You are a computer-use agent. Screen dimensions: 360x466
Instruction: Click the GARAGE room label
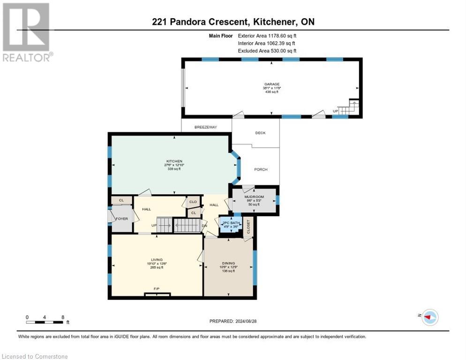tap(271, 84)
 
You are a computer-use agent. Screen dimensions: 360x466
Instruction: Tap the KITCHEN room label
tap(173, 161)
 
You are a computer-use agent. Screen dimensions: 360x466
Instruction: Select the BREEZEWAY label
tap(206, 127)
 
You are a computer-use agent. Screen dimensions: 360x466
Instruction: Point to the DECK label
tap(260, 133)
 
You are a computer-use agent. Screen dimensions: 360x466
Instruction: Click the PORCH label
tap(261, 169)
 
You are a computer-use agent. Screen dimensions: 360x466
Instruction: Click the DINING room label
tap(229, 263)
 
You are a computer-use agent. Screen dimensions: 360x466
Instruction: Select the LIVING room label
tap(157, 259)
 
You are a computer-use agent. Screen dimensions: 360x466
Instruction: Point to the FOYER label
tap(122, 218)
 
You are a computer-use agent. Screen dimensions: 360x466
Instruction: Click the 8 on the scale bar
tap(62, 317)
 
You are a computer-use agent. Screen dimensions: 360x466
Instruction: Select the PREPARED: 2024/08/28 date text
tap(233, 321)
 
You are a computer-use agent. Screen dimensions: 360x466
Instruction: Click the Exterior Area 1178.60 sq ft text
tap(267, 36)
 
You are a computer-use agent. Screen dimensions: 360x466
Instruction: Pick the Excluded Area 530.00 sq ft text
tap(267, 51)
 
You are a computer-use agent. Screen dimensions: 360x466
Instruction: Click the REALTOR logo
tap(26, 32)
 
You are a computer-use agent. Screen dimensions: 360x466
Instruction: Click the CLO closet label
tap(193, 202)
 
